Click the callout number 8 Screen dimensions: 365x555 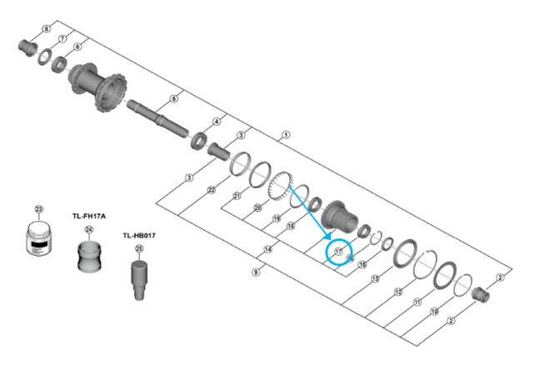coord(45,29)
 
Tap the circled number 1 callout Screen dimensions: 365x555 coord(287,133)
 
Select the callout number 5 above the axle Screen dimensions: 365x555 coord(173,99)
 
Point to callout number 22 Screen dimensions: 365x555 coord(212,189)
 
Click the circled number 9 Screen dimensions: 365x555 coord(257,272)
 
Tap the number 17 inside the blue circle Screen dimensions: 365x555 coord(338,251)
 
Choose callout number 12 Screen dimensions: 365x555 coord(397,292)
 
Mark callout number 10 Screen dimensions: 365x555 coord(434,312)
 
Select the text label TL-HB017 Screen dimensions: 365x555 coord(139,235)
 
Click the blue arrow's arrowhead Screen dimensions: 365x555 coord(327,237)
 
